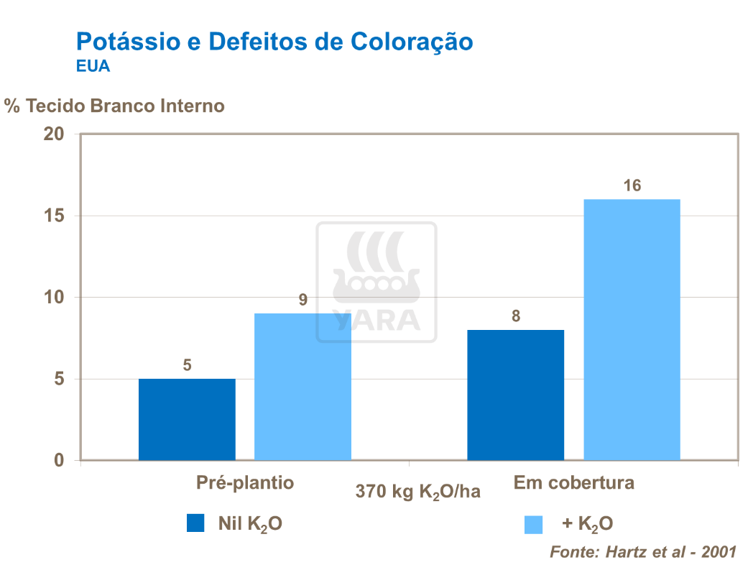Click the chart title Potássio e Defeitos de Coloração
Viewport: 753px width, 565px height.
point(274,42)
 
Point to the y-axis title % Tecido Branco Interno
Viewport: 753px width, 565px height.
point(114,106)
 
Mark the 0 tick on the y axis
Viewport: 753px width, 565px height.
point(59,460)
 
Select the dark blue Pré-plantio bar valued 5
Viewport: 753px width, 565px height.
point(187,419)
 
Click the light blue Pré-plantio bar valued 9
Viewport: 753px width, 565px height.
point(302,387)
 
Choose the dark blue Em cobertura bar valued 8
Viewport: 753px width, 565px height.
point(515,395)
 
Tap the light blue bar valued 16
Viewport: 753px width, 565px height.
point(632,329)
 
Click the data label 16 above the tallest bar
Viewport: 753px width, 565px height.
point(632,185)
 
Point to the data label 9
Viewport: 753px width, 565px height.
point(302,300)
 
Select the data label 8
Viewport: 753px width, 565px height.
point(515,316)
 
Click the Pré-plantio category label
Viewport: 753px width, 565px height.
point(245,482)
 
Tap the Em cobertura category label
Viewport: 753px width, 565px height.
point(573,482)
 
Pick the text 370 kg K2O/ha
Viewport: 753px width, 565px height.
point(417,492)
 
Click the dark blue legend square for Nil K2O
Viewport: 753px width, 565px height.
point(195,523)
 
